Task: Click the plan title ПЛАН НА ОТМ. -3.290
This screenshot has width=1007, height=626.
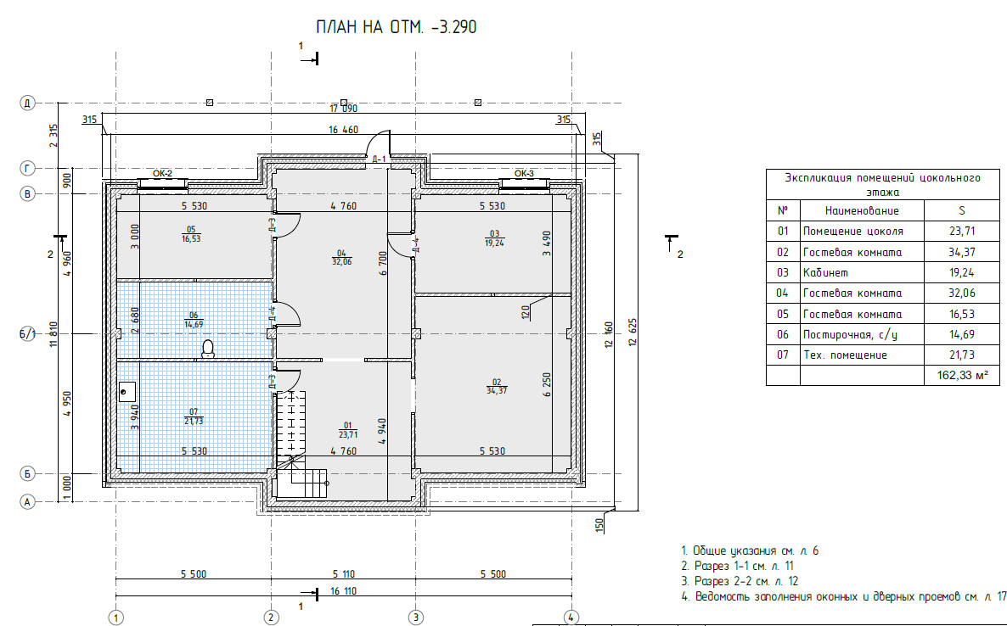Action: (x=397, y=27)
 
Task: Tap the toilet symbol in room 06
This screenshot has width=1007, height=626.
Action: (x=207, y=349)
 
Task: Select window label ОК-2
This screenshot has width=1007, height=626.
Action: (x=162, y=173)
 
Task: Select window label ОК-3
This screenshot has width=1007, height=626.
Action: (x=524, y=173)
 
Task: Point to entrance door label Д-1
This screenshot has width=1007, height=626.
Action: (x=379, y=159)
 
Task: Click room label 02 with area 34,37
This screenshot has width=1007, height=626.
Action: (x=497, y=387)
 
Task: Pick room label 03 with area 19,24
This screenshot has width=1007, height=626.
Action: (x=494, y=238)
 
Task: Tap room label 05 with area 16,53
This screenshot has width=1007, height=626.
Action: (x=191, y=234)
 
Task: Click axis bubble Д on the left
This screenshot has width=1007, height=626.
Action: (x=27, y=103)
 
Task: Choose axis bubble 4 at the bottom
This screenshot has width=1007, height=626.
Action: (x=571, y=618)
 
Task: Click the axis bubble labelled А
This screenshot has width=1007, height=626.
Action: (x=27, y=501)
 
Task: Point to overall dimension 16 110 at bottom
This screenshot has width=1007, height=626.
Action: (x=344, y=590)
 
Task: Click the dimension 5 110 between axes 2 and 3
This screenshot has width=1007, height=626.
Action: (x=344, y=574)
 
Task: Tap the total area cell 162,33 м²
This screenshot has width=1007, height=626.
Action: (x=962, y=375)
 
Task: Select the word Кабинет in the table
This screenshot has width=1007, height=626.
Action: (x=825, y=272)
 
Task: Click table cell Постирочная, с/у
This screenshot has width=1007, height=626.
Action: (x=850, y=335)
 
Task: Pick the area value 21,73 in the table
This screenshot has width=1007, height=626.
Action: (x=961, y=355)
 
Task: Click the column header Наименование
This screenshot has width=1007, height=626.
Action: (x=862, y=210)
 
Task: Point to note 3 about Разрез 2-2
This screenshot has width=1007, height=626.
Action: (x=740, y=581)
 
